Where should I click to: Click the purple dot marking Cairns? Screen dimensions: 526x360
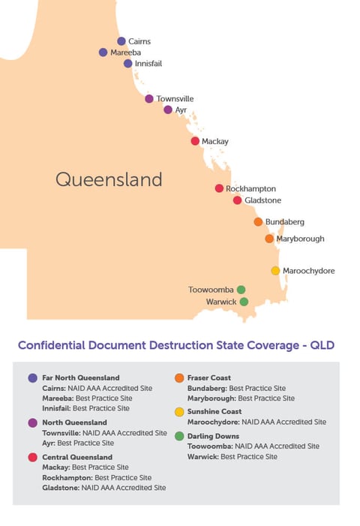coord(121,41)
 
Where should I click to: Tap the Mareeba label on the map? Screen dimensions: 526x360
coord(125,53)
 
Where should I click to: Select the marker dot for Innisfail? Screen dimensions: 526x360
coord(128,64)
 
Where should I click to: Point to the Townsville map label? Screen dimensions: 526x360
coord(175,98)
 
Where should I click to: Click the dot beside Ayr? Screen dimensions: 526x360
coord(168,110)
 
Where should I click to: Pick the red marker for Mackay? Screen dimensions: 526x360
coord(195,141)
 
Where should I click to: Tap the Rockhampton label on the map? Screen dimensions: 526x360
coord(250,189)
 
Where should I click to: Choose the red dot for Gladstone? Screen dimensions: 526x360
coord(237,200)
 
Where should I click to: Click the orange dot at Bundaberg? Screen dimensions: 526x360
coord(258,222)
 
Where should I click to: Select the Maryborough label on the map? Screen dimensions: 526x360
coord(300,239)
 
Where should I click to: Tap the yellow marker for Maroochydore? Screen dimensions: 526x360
coord(275,271)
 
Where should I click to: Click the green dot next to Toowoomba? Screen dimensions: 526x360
coord(241,289)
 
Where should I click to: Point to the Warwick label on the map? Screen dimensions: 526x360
coord(221,302)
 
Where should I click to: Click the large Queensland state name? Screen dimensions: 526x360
coord(109,179)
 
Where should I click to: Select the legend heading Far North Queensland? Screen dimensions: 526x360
coord(81,377)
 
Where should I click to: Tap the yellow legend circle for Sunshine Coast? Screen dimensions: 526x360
coord(179,412)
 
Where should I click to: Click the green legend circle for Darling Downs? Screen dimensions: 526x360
coord(179,436)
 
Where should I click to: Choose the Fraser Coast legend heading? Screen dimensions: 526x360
coord(208,377)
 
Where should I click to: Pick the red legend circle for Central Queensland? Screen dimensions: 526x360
coord(32,457)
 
